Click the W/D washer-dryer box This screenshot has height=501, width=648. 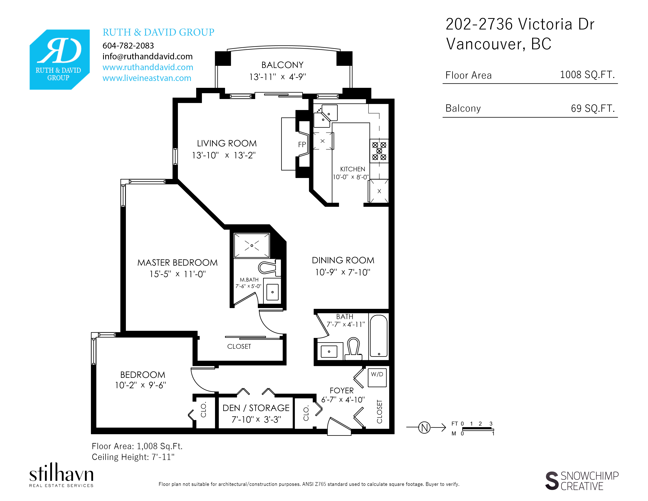click(x=377, y=378)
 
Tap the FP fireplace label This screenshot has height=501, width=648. click(x=302, y=145)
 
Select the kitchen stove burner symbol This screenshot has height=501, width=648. click(x=379, y=151)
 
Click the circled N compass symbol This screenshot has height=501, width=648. click(x=424, y=427)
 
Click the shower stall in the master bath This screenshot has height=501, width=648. click(x=252, y=245)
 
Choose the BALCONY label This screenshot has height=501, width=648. click(x=282, y=65)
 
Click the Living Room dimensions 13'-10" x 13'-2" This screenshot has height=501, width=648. click(x=224, y=155)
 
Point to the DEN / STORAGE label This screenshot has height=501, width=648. click(x=256, y=408)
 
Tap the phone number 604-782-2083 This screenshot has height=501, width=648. click(x=128, y=46)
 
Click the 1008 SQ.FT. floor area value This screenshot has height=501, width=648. click(x=587, y=74)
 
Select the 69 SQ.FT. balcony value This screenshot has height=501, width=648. click(x=592, y=108)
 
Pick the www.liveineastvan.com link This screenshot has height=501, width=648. click(x=147, y=78)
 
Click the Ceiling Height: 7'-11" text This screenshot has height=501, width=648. click(x=133, y=457)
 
